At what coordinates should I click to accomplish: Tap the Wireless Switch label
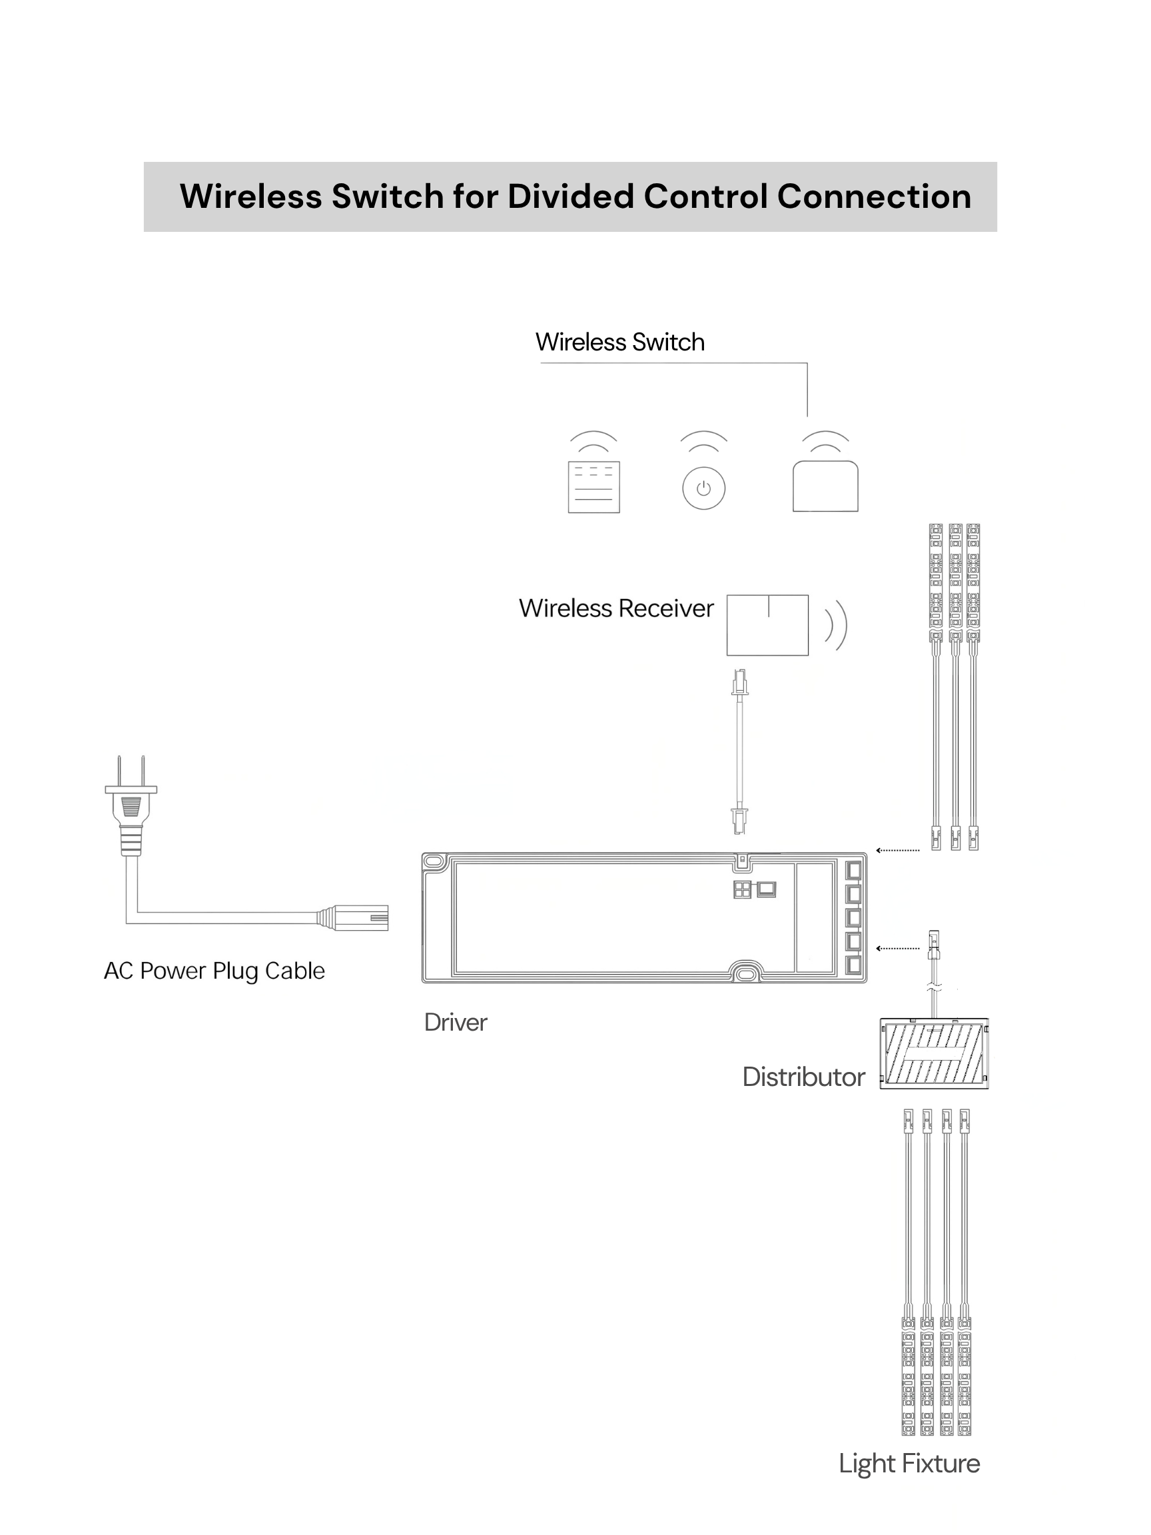click(619, 342)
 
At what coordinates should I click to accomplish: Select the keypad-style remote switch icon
click(593, 486)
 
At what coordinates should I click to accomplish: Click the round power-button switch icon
click(703, 488)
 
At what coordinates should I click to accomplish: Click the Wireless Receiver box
click(767, 624)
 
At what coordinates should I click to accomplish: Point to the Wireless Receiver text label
click(616, 608)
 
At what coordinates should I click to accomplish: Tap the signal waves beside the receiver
click(836, 624)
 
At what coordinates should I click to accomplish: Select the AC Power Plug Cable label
click(214, 971)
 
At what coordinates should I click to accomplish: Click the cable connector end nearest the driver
click(361, 918)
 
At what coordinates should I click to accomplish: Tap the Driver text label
click(455, 1022)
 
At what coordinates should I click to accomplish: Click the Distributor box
click(934, 1053)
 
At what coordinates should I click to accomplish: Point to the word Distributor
click(803, 1077)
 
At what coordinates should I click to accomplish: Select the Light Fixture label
click(909, 1464)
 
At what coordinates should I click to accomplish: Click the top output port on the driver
click(854, 869)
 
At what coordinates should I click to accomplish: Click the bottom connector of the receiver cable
click(739, 820)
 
